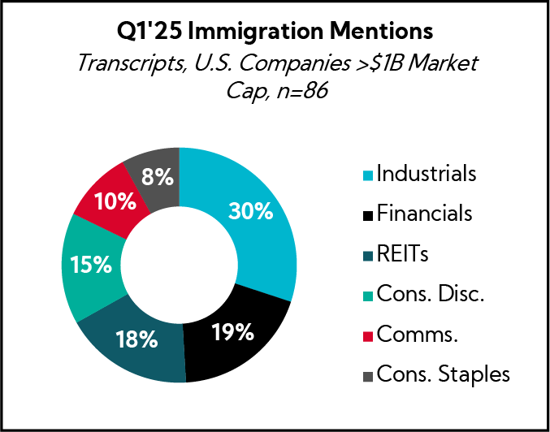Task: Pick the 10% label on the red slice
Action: (110, 201)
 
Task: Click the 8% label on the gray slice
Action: (156, 176)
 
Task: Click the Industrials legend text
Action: (427, 174)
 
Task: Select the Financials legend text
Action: (424, 214)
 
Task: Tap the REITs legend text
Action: (402, 254)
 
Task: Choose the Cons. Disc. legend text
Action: (431, 294)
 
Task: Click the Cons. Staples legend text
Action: (443, 374)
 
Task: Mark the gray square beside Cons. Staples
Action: (367, 376)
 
